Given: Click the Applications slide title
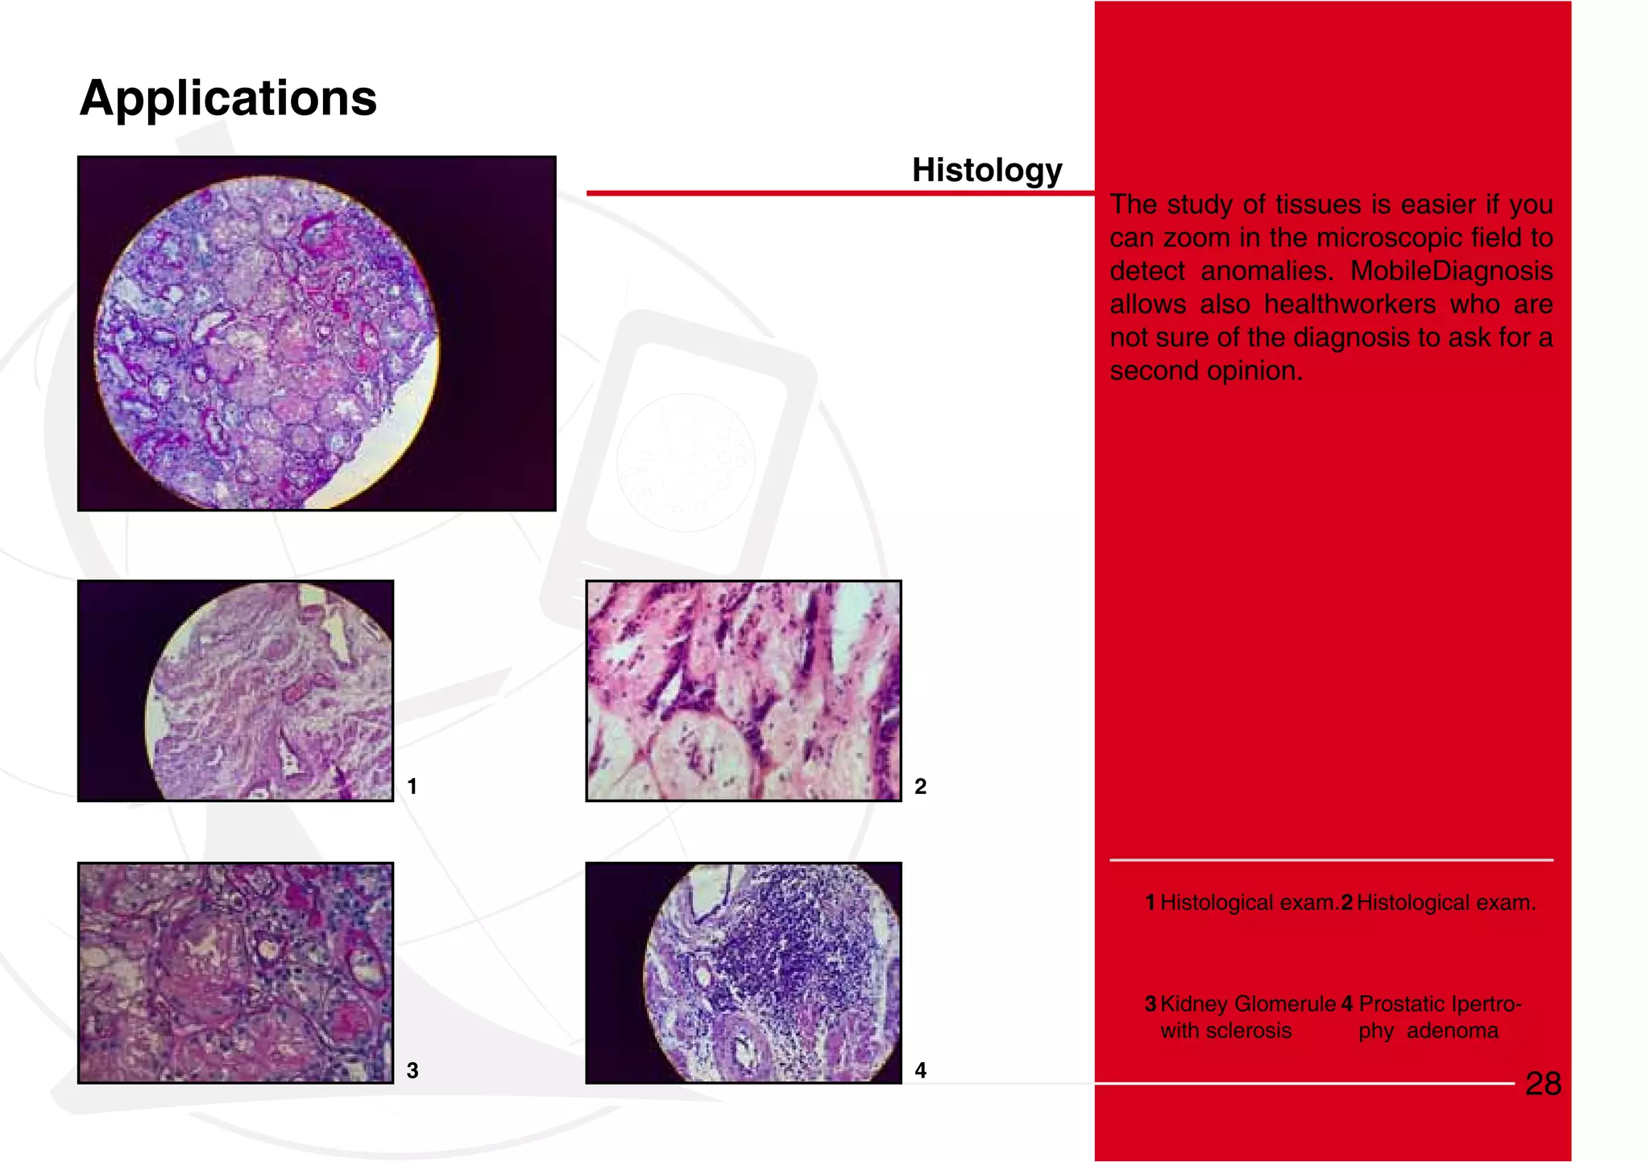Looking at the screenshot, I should [228, 98].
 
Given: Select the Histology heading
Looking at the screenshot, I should [986, 170].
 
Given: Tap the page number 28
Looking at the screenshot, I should [1543, 1084].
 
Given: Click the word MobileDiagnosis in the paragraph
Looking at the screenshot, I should [1451, 271].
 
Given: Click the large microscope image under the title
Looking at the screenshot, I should [317, 333].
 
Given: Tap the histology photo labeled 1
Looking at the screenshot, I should [235, 691].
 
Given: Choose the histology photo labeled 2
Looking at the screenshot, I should [743, 691].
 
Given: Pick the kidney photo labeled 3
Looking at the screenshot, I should [235, 973].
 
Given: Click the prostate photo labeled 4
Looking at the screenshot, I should [743, 973].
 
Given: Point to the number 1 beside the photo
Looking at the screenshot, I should [412, 787].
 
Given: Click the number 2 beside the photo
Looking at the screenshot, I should [920, 787].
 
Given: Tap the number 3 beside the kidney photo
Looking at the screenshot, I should [412, 1071].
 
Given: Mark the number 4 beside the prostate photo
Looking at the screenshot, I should [920, 1071].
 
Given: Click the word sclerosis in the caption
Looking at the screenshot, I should [1254, 1031].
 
